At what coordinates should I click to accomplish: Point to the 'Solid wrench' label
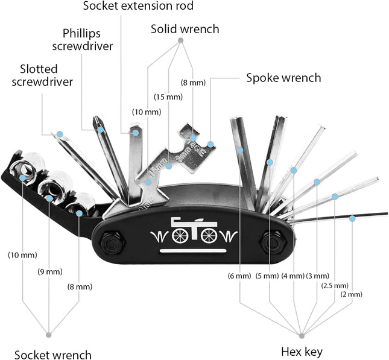pyautogui.click(x=185, y=29)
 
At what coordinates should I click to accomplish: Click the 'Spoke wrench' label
pyautogui.click(x=283, y=78)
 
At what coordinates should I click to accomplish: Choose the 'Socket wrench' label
pyautogui.click(x=53, y=355)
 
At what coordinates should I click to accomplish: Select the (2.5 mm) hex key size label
pyautogui.click(x=335, y=285)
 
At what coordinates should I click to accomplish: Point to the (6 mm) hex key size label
pyautogui.click(x=239, y=276)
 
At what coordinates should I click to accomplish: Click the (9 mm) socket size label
pyautogui.click(x=50, y=271)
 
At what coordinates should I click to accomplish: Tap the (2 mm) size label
pyautogui.click(x=351, y=294)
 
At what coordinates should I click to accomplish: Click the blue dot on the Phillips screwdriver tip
pyautogui.click(x=100, y=129)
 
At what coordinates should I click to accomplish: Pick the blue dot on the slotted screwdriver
pyautogui.click(x=60, y=133)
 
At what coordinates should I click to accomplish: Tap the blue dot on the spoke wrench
pyautogui.click(x=210, y=144)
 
